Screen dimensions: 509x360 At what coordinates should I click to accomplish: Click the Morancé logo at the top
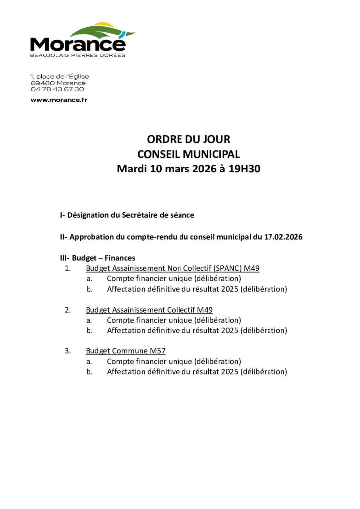[82, 40]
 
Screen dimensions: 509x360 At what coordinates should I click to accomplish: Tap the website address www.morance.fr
[59, 100]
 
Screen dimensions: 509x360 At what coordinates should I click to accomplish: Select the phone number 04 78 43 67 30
[57, 89]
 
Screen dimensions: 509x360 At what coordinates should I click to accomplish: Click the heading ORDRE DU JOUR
[188, 140]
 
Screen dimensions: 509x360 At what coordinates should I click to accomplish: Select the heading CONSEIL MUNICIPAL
[188, 154]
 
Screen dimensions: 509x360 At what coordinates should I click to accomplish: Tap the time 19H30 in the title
[244, 169]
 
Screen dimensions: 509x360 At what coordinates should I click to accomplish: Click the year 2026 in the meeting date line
[197, 169]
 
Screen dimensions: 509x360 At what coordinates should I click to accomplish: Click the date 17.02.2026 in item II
[281, 237]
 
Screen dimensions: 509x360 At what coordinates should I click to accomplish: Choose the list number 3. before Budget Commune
[68, 351]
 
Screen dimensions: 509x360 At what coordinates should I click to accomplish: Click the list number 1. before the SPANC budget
[68, 268]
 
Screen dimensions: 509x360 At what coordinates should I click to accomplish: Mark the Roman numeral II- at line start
[64, 237]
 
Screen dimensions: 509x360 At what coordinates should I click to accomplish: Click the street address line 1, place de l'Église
[60, 77]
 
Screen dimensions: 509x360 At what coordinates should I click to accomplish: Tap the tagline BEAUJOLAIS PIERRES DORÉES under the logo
[78, 55]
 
